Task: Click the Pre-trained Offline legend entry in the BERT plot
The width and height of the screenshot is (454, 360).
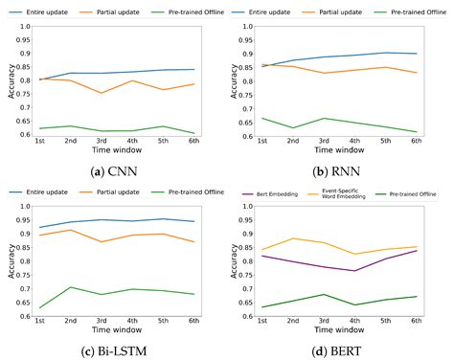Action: [x=418, y=194]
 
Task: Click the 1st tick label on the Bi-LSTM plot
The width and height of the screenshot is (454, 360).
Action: [x=41, y=321]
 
